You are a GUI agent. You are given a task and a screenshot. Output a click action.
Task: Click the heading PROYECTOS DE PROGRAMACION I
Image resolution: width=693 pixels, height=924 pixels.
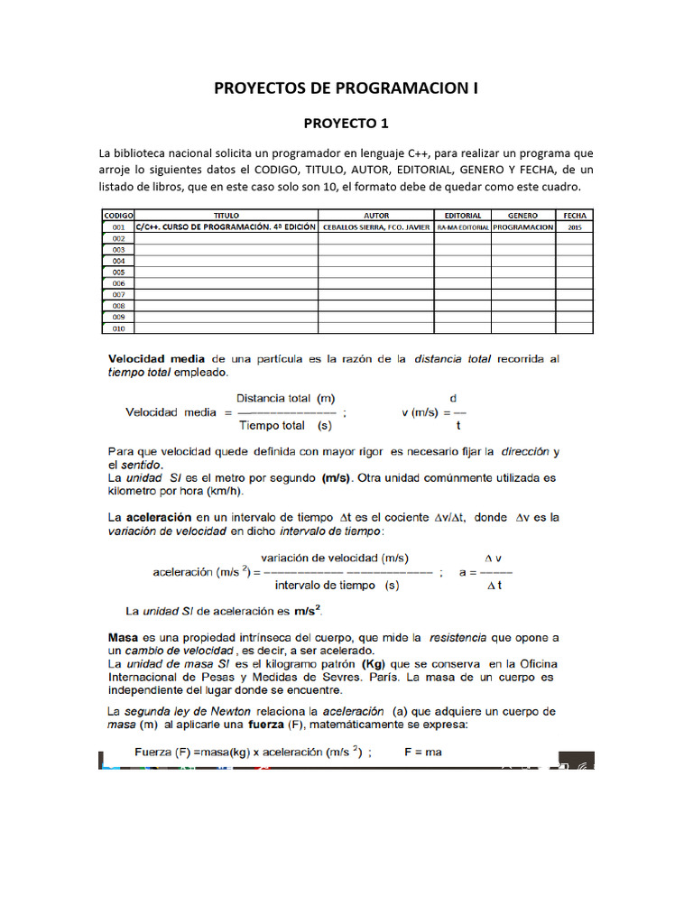coord(346,88)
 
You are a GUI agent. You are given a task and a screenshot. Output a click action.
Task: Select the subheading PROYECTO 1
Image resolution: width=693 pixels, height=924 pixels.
coord(346,123)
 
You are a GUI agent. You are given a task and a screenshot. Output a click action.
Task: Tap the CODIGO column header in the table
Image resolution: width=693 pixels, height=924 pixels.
coord(117,217)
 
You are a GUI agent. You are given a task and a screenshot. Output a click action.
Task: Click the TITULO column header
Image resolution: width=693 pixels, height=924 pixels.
coord(226,217)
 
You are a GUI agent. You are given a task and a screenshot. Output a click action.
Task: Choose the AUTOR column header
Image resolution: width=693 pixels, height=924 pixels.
coord(375,217)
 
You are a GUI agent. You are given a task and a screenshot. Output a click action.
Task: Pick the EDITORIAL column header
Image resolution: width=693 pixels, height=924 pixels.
coord(463,217)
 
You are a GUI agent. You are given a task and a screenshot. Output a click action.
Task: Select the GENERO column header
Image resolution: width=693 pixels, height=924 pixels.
coord(522,217)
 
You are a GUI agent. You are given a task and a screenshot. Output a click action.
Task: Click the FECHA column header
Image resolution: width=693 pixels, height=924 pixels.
coord(575,217)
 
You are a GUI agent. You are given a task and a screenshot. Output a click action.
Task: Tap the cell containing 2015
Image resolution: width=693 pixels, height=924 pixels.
coord(575,228)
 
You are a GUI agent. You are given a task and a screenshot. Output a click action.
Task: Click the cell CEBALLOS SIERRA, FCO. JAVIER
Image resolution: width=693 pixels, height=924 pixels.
coord(375,228)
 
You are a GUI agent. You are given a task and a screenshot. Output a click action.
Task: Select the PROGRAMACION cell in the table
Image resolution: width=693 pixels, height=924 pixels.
coord(522,228)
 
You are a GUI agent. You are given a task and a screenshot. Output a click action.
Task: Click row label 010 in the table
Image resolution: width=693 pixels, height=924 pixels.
coord(117,328)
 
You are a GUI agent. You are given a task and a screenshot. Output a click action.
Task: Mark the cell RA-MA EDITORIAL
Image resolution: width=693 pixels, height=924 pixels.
coord(463,228)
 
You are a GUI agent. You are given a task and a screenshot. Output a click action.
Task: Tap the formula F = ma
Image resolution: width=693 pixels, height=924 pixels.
coord(422,752)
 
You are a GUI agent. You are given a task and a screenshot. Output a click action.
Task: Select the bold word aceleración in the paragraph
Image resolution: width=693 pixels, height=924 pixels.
coord(158,518)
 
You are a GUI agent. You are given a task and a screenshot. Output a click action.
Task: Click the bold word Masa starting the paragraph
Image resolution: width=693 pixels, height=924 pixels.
coord(123,636)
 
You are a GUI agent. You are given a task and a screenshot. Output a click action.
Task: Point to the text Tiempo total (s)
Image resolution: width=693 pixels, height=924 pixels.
coord(284,424)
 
